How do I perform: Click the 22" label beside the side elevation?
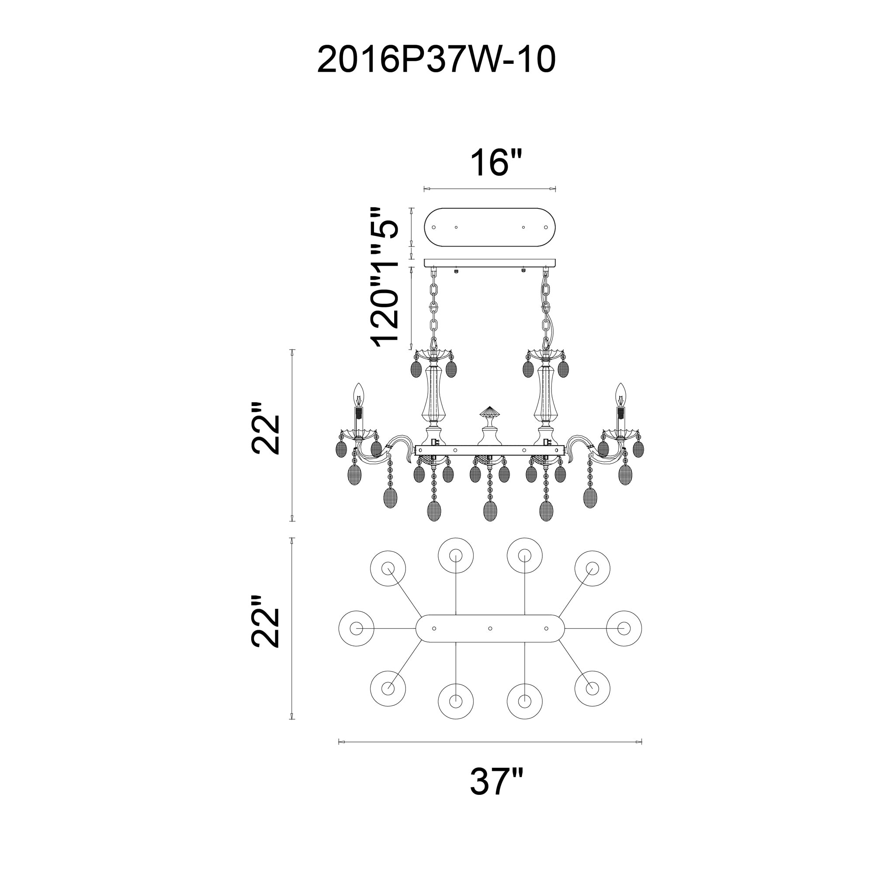pyautogui.click(x=266, y=427)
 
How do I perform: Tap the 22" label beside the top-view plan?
pyautogui.click(x=266, y=621)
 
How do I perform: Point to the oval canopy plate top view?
pyautogui.click(x=490, y=227)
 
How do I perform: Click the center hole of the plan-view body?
pyautogui.click(x=490, y=628)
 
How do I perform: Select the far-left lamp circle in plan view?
pyautogui.click(x=356, y=628)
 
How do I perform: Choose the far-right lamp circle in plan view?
pyautogui.click(x=624, y=628)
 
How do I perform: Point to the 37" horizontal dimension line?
pyautogui.click(x=490, y=742)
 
